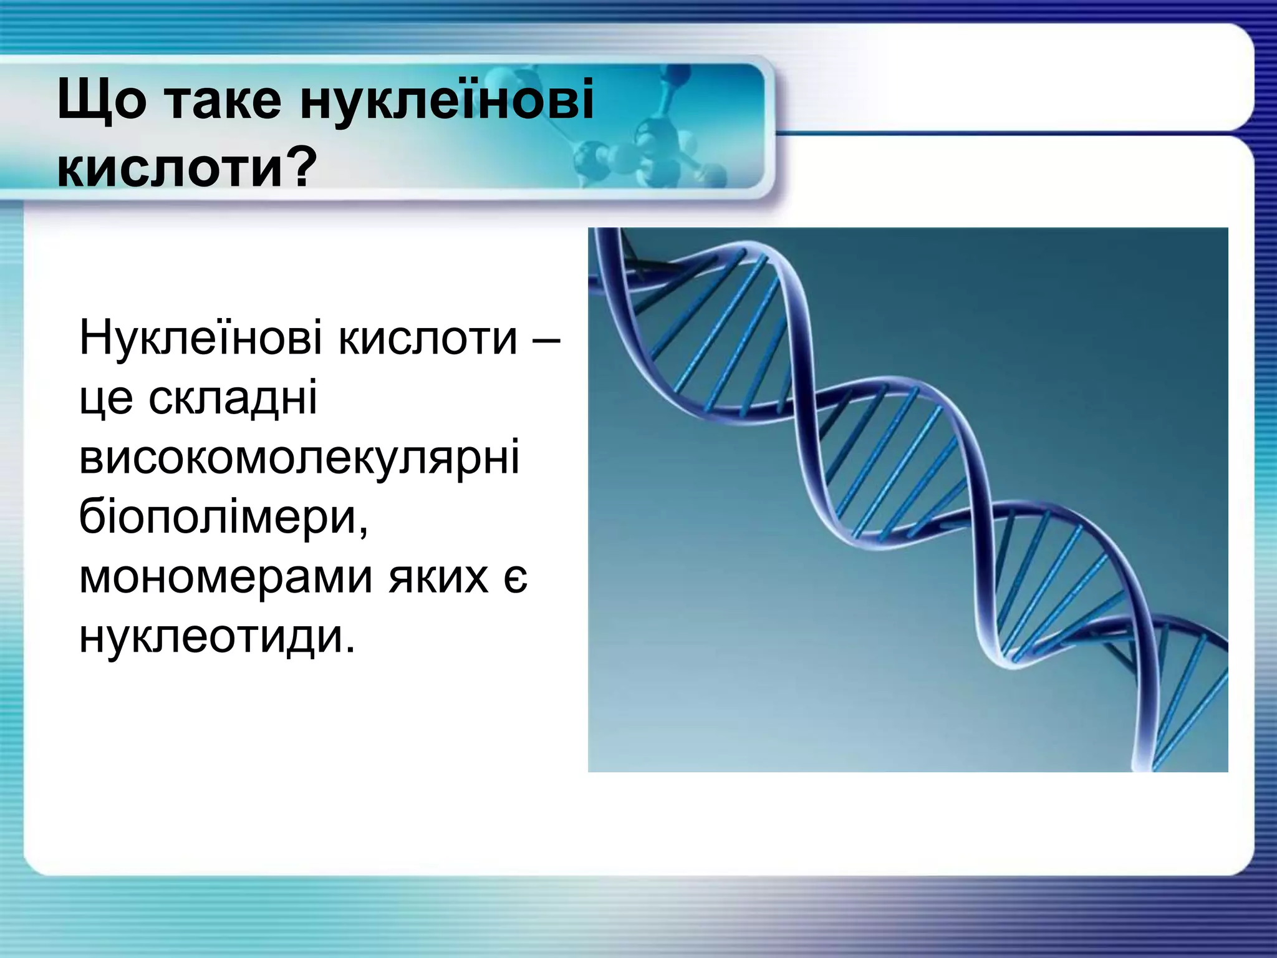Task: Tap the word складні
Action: tap(233, 399)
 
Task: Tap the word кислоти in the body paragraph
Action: tap(428, 337)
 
